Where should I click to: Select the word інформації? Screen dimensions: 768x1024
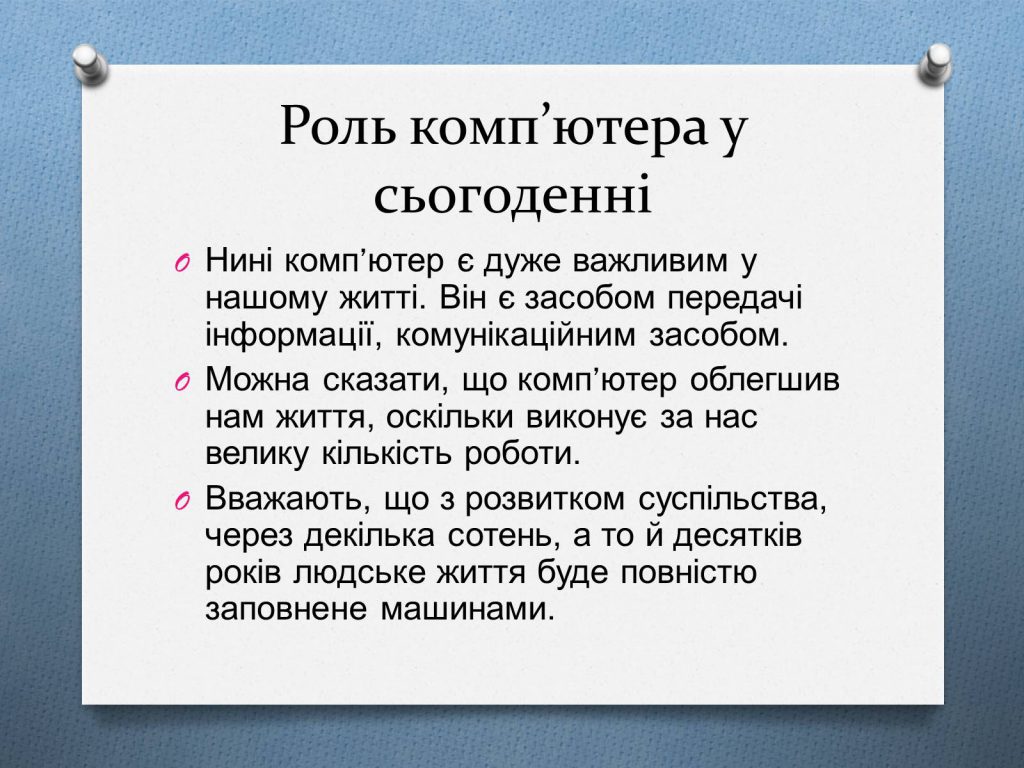coord(284,334)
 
